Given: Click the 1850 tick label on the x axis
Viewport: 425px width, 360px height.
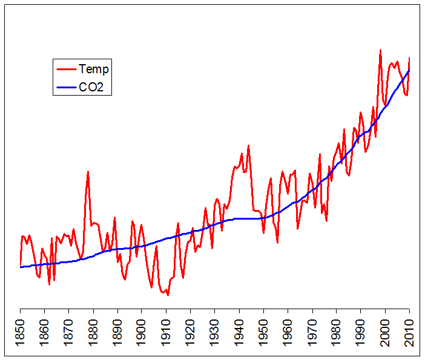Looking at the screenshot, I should [21, 332].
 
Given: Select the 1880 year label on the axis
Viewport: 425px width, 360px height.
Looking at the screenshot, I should [93, 332].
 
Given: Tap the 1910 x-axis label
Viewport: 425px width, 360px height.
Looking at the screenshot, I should [166, 332].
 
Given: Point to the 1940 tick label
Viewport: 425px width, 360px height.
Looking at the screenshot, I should [239, 332].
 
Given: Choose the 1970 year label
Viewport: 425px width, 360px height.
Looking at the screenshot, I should [312, 332].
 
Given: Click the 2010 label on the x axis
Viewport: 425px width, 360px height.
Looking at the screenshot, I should [410, 332].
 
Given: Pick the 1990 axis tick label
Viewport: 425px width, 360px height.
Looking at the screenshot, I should [361, 332].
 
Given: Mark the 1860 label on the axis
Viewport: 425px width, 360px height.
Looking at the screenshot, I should [45, 332].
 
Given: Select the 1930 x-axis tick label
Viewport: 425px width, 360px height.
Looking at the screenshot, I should [215, 332].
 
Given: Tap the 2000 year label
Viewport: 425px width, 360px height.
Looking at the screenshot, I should [386, 332].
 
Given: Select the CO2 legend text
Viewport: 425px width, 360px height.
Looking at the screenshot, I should [91, 87].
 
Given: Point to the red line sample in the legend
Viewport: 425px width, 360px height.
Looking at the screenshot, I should [66, 69].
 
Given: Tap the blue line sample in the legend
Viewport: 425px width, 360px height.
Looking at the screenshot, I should [66, 87].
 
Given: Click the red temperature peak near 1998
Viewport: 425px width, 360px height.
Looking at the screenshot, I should [380, 50].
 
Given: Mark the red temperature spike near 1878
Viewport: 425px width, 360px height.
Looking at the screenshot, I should [88, 172].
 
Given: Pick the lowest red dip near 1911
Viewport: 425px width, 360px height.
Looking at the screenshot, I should [168, 295].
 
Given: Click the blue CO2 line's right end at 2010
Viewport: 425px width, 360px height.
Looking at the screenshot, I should [410, 70].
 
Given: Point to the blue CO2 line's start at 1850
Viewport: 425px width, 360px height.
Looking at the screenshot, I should [21, 267].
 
